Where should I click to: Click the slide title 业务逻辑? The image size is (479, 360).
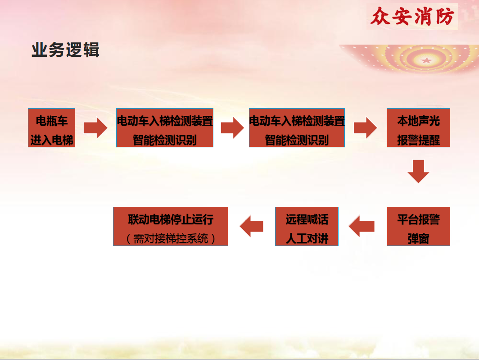pos(65,50)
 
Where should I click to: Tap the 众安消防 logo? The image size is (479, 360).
pos(412,17)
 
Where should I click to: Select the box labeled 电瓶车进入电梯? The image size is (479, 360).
pos(52,128)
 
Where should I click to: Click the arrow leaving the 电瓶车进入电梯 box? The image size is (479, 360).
pos(95,128)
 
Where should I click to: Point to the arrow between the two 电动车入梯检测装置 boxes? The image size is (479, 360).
pos(232,128)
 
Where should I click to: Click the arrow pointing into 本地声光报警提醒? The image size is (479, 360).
pos(366,128)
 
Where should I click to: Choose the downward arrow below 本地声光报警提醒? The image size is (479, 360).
pos(418,171)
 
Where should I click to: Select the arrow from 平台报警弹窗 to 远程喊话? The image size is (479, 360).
pos(362,226)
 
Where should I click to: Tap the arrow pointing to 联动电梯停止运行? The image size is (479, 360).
pos(251,226)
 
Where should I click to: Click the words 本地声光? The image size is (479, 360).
pos(418,121)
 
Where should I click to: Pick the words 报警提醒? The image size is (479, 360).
pos(418,140)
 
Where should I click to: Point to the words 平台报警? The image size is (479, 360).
pos(418,219)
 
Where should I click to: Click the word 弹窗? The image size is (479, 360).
pos(418,238)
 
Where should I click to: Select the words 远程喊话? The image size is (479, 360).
pos(307,219)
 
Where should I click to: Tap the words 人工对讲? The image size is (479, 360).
pos(307,238)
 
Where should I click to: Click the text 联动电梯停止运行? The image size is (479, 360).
pos(171,219)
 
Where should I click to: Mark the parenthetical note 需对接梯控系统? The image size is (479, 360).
pos(171,238)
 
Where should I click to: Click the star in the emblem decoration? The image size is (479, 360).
pos(426,60)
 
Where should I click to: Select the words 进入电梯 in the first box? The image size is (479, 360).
pos(52,140)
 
